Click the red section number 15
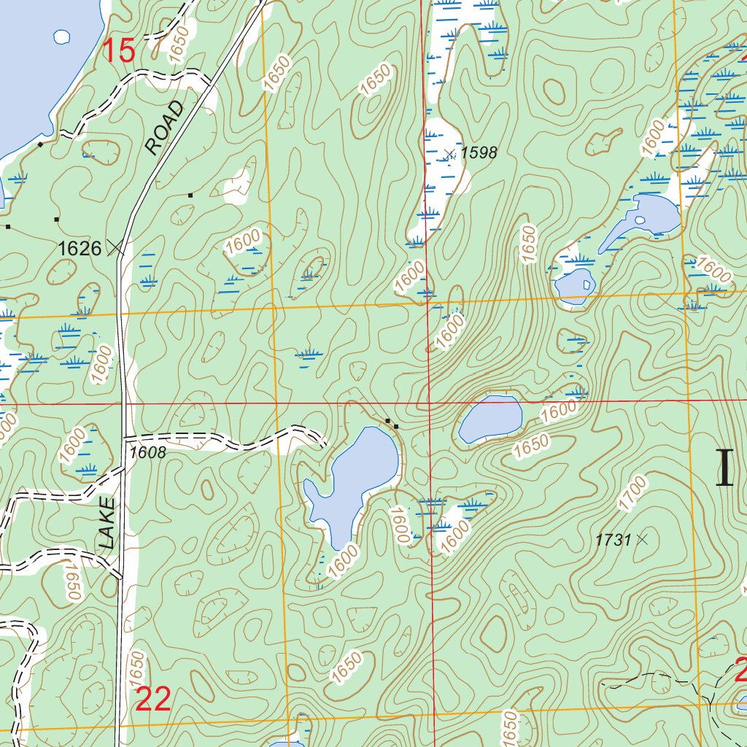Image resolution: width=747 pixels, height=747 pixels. click(x=118, y=51)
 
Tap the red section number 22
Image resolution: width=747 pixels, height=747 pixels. click(x=153, y=700)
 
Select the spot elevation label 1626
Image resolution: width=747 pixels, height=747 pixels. click(x=79, y=248)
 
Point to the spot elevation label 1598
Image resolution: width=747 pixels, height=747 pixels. click(x=479, y=152)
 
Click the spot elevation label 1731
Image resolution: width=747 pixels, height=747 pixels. click(x=612, y=540)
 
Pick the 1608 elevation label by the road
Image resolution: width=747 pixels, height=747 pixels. click(x=148, y=453)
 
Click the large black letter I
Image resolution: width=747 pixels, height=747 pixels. click(x=724, y=468)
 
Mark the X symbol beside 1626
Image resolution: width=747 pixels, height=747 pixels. click(x=115, y=248)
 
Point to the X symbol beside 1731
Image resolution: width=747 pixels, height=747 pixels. click(x=642, y=540)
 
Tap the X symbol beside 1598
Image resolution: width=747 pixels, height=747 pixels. click(x=449, y=153)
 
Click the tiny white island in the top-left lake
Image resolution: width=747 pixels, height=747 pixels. click(x=63, y=36)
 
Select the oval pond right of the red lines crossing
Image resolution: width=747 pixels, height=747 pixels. click(x=490, y=419)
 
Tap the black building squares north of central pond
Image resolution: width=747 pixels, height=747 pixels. click(x=392, y=422)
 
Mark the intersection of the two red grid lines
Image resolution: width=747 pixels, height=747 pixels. click(x=429, y=402)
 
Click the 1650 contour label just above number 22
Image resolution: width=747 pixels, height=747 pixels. click(x=136, y=666)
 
